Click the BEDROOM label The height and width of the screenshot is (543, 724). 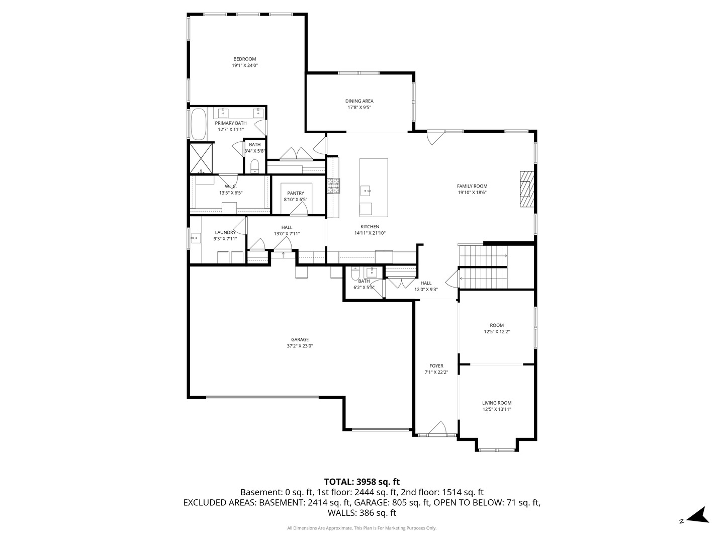(x=245, y=59)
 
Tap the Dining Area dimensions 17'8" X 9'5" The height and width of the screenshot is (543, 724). (x=359, y=108)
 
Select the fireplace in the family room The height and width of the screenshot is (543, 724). (x=526, y=189)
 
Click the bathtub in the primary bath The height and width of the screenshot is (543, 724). (x=198, y=124)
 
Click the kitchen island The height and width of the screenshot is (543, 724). (x=374, y=187)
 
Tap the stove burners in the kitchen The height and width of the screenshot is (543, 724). (x=333, y=186)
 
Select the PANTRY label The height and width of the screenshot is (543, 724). (x=296, y=193)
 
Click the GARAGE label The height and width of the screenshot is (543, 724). (x=300, y=339)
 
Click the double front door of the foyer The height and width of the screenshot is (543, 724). (x=435, y=429)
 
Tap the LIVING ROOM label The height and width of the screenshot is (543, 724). (x=497, y=403)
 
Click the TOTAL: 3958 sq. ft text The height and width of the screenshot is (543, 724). (x=361, y=482)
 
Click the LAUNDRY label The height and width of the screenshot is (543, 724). (x=225, y=232)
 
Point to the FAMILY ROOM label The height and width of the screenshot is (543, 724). (x=472, y=186)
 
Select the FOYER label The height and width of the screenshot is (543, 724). (x=436, y=366)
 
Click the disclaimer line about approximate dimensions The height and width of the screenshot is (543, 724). (x=361, y=528)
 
